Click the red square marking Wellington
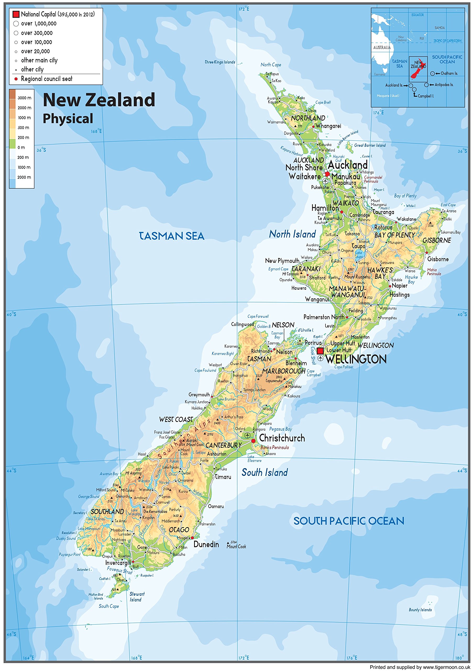point(320,351)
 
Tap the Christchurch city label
point(282,438)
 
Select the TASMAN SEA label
point(172,236)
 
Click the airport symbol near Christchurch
point(248,435)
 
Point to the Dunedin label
point(206,544)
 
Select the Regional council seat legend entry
point(46,79)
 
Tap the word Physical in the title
point(68,119)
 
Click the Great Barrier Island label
point(370,145)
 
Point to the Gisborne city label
point(438,259)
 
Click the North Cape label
point(271,65)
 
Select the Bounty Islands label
point(420,610)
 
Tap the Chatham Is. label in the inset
point(449,73)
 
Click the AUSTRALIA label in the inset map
point(382,47)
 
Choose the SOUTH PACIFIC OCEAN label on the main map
point(349,521)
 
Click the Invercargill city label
point(118,562)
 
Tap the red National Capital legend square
point(16,14)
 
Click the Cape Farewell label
point(258,316)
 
